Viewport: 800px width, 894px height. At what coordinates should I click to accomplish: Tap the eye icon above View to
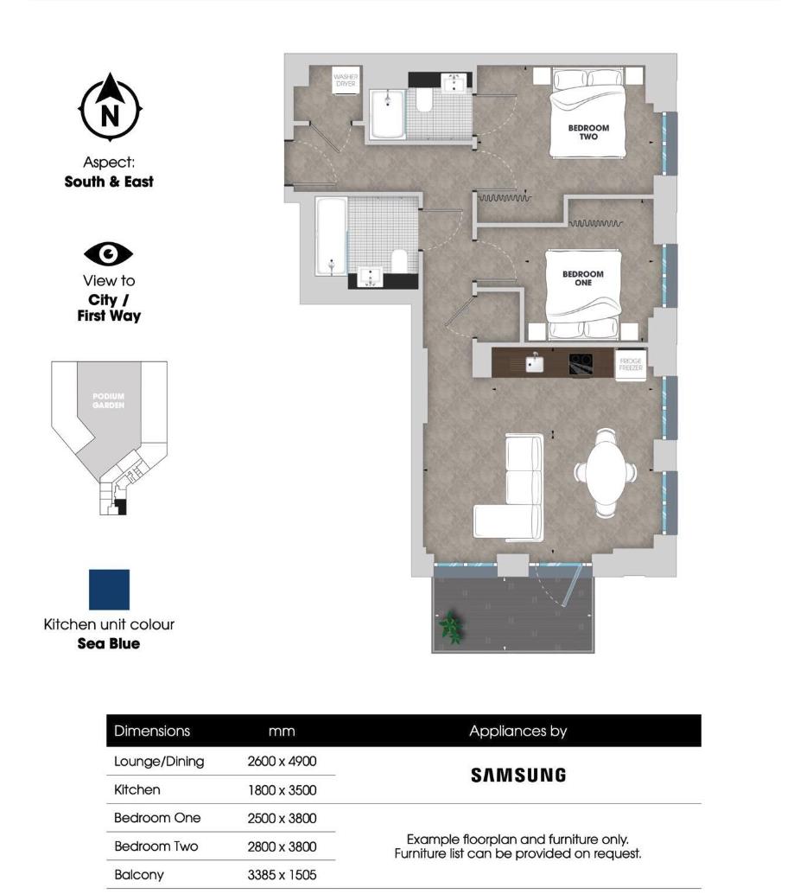pyautogui.click(x=108, y=254)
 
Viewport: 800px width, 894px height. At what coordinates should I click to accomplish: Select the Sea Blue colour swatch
pyautogui.click(x=109, y=589)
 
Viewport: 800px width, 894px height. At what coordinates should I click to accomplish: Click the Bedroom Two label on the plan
pyautogui.click(x=588, y=131)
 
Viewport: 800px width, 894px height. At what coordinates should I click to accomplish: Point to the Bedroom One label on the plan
pyautogui.click(x=583, y=278)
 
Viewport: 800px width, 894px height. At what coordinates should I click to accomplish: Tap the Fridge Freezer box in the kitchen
pyautogui.click(x=630, y=362)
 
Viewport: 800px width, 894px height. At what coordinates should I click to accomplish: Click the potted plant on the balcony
pyautogui.click(x=450, y=628)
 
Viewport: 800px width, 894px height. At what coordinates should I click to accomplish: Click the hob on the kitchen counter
pyautogui.click(x=580, y=363)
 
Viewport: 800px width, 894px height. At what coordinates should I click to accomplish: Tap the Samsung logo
pyautogui.click(x=518, y=776)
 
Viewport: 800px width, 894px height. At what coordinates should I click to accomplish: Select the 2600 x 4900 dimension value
pyautogui.click(x=283, y=762)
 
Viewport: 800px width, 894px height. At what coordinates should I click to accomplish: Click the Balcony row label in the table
pyautogui.click(x=138, y=875)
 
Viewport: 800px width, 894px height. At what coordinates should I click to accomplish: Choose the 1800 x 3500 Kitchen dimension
pyautogui.click(x=283, y=790)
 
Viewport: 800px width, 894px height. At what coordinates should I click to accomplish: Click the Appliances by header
pyautogui.click(x=517, y=731)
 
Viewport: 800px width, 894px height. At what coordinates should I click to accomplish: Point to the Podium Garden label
pyautogui.click(x=109, y=400)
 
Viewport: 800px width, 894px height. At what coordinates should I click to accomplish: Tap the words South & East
pyautogui.click(x=109, y=182)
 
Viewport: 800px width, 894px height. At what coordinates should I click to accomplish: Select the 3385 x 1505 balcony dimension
pyautogui.click(x=283, y=875)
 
